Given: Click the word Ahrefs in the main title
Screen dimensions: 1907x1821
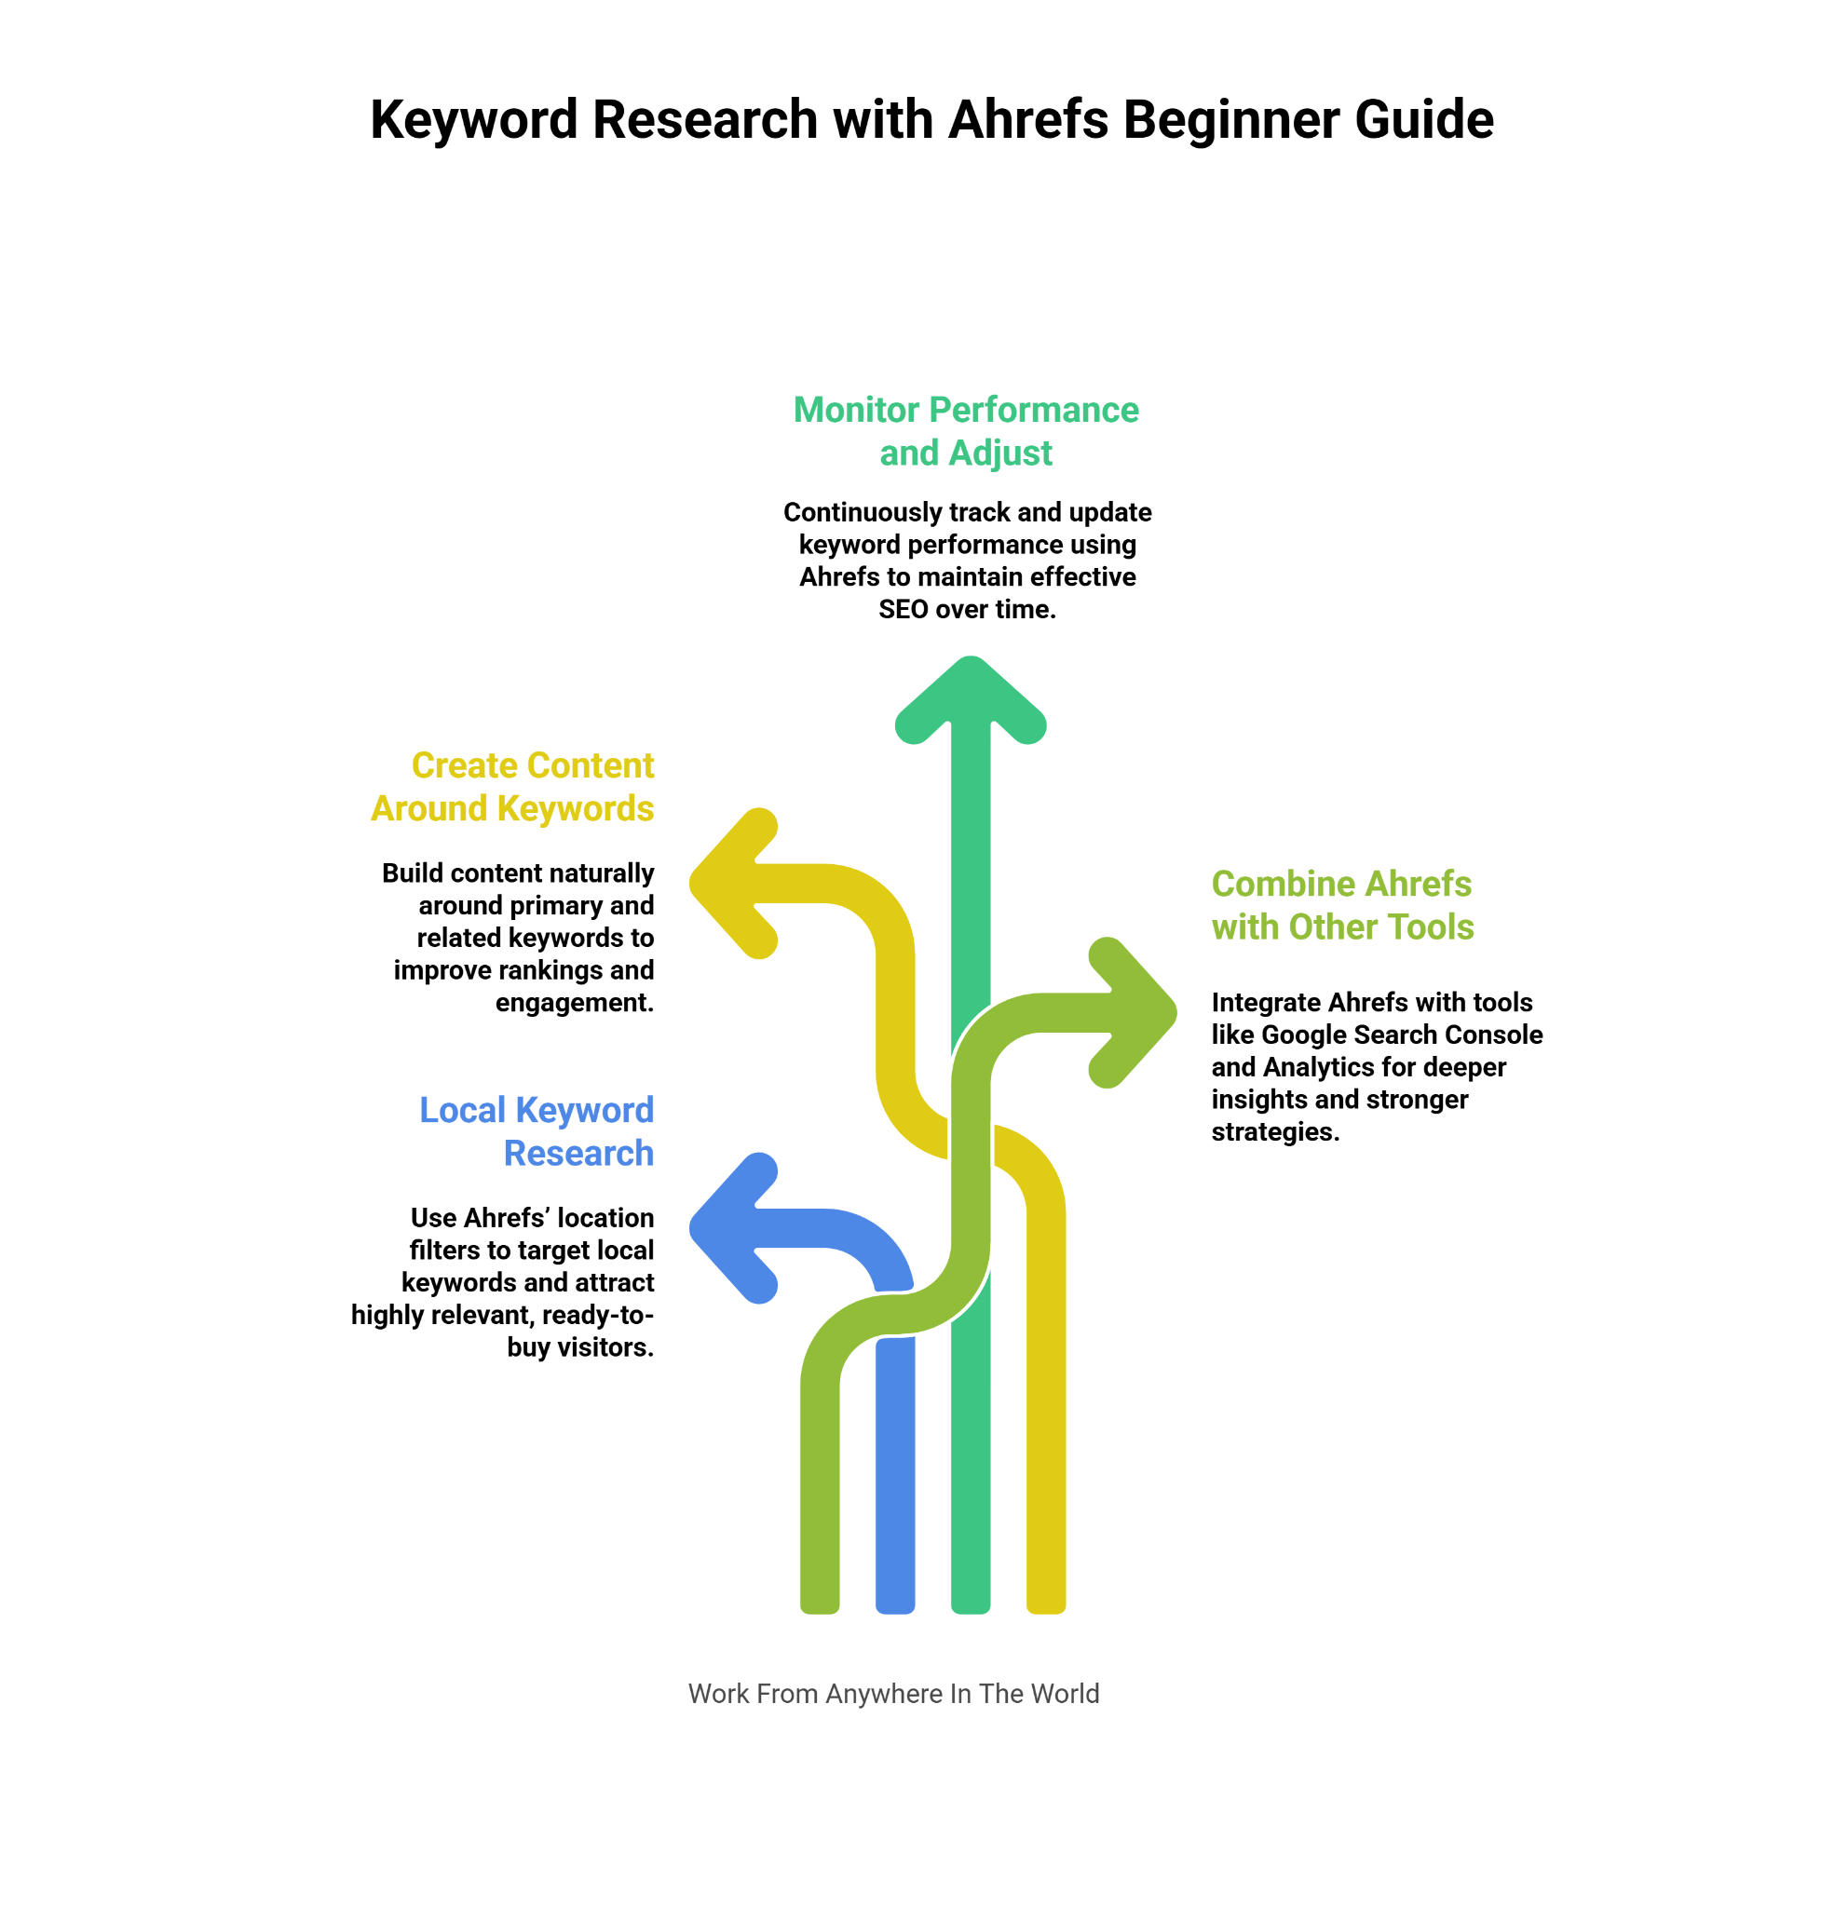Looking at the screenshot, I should [x=1028, y=119].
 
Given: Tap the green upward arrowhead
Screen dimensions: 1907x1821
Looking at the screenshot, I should [x=970, y=697].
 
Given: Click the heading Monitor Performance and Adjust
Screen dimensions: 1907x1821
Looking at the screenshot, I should [x=966, y=431].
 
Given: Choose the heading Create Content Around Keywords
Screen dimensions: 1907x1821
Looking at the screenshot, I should [x=512, y=786].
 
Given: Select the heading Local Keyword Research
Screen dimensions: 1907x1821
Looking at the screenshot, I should [x=537, y=1130].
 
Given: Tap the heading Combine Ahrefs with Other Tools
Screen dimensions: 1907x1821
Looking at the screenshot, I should [x=1341, y=904].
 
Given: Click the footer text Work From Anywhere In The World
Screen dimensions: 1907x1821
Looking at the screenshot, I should [x=893, y=1694].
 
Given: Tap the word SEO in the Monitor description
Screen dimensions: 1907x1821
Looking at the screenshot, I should [x=903, y=610].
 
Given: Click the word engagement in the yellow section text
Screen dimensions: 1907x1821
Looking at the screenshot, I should [x=575, y=1003].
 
